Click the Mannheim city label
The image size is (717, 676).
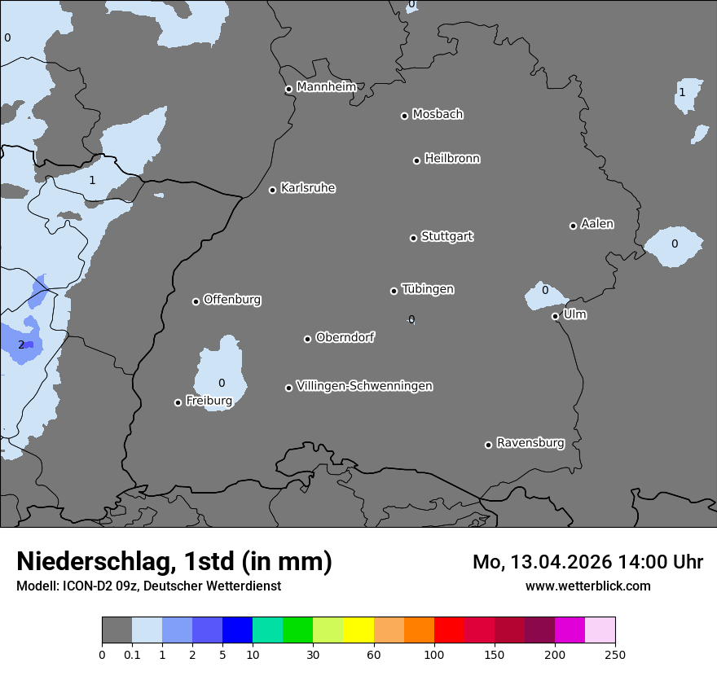(326, 87)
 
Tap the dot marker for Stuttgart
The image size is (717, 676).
(413, 238)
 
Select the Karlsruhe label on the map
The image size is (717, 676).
(307, 188)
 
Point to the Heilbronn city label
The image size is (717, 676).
(451, 159)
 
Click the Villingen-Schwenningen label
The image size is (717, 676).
(364, 386)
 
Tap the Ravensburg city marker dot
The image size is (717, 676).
(488, 445)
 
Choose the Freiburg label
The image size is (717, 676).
(209, 401)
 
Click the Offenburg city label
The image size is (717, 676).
(231, 300)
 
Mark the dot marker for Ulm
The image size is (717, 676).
(555, 316)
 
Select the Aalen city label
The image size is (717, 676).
(596, 224)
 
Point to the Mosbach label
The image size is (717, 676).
(437, 115)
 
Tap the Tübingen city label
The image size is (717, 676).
(427, 289)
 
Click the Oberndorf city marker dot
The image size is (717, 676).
(307, 339)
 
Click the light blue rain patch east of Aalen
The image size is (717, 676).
(673, 244)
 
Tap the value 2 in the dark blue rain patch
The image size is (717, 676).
(21, 345)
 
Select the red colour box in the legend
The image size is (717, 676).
(449, 630)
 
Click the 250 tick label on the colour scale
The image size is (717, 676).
(615, 653)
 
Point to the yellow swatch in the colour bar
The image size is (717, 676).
(358, 630)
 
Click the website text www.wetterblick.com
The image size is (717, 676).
(587, 586)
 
